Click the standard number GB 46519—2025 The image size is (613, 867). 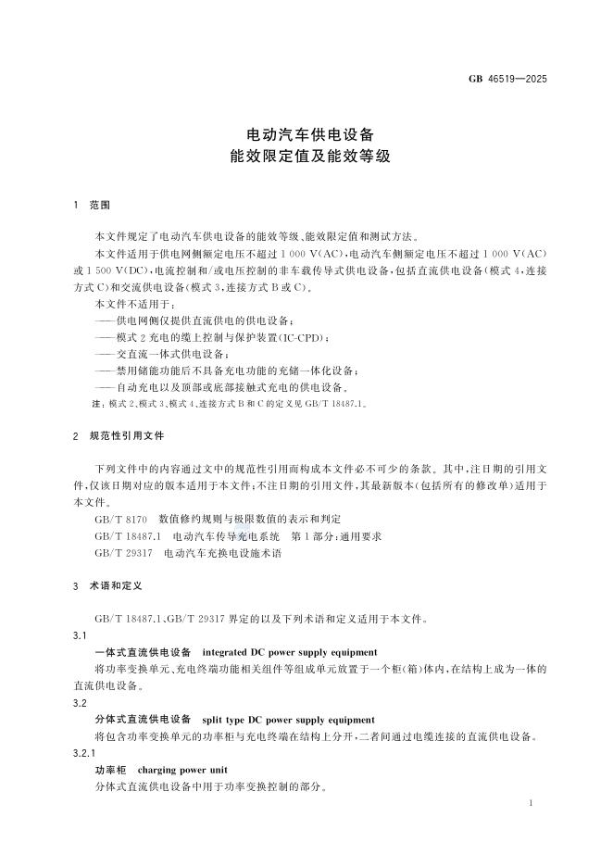507,79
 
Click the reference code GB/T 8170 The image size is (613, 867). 122,521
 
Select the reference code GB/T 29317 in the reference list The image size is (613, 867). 125,553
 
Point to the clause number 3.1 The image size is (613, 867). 79,636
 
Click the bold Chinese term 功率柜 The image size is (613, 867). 109,769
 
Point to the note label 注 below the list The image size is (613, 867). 98,404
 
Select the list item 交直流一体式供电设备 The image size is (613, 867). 155,354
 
